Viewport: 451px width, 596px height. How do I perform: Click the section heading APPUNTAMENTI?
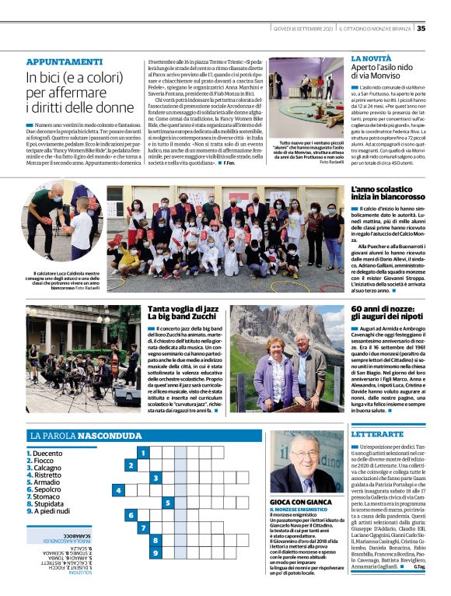coord(64,61)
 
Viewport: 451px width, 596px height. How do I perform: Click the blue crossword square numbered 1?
coord(143,452)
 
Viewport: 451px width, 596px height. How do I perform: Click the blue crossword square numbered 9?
coord(156,553)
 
